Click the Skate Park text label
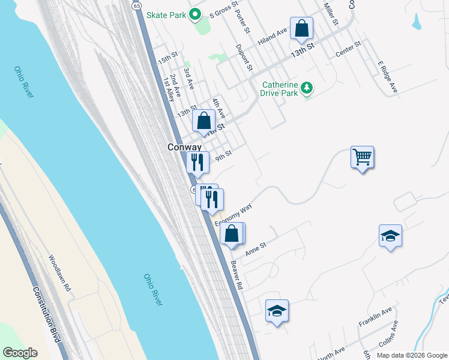click(x=166, y=14)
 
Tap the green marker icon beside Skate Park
click(x=194, y=14)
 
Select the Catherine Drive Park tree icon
click(x=307, y=89)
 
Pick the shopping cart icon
click(x=363, y=157)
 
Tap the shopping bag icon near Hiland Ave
click(x=301, y=28)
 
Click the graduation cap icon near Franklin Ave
click(x=277, y=311)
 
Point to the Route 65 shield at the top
click(x=137, y=5)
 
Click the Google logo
click(x=20, y=353)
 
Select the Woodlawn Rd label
click(x=59, y=274)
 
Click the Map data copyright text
click(x=411, y=355)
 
